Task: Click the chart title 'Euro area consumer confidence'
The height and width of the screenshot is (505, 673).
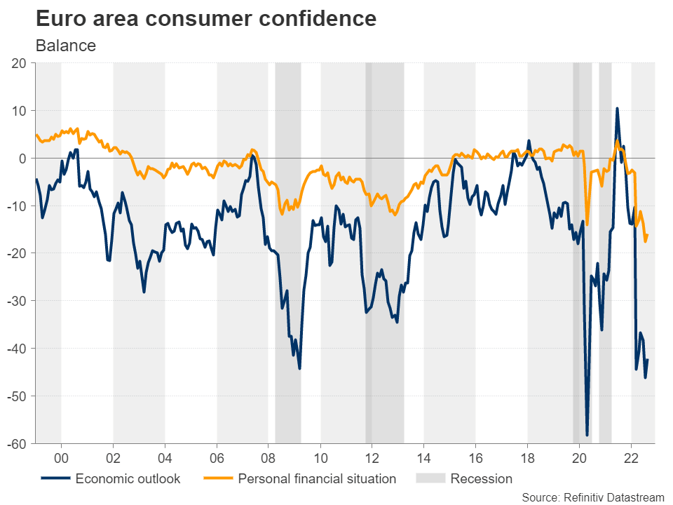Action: click(x=205, y=19)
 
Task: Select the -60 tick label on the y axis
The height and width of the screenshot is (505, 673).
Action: click(x=16, y=444)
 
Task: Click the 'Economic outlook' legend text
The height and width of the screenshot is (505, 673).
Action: click(x=128, y=479)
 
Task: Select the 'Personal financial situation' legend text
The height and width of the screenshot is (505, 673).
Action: click(x=317, y=479)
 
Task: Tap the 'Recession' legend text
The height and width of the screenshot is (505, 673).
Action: click(x=482, y=479)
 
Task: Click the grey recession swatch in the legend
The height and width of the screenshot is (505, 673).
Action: click(x=430, y=479)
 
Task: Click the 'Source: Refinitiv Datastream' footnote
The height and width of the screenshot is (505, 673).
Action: click(x=593, y=497)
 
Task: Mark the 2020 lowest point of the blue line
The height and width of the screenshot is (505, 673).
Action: click(x=587, y=436)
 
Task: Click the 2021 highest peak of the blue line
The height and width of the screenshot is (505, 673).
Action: click(x=617, y=109)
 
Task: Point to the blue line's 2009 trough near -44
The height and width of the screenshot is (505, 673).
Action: click(x=299, y=368)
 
